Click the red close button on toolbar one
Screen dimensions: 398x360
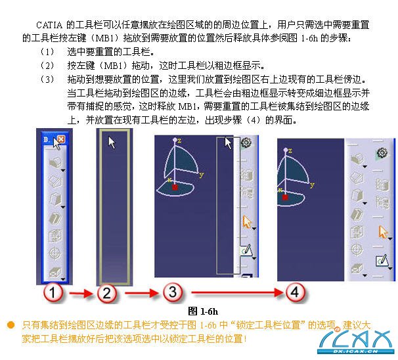pyautogui.click(x=61, y=139)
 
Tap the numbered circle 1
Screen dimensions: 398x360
pyautogui.click(x=53, y=292)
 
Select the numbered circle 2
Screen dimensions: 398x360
pyautogui.click(x=107, y=293)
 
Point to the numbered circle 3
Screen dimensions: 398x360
pyautogui.click(x=173, y=292)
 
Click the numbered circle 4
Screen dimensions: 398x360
pyautogui.click(x=295, y=292)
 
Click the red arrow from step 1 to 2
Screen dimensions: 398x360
pyautogui.click(x=81, y=294)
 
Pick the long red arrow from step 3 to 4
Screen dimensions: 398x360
pyautogui.click(x=237, y=293)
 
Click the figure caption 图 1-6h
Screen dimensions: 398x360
pyautogui.click(x=203, y=311)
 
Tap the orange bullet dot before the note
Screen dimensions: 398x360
pyautogui.click(x=11, y=325)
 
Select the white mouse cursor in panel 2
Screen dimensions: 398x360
pyautogui.click(x=112, y=143)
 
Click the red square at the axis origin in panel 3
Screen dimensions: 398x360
pyautogui.click(x=175, y=187)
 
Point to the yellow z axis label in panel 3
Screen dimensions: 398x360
pyautogui.click(x=179, y=141)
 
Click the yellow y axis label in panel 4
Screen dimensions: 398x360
pyautogui.click(x=312, y=185)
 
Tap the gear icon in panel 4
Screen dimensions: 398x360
pyautogui.click(x=382, y=153)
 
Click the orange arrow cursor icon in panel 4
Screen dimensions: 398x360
pyautogui.click(x=383, y=232)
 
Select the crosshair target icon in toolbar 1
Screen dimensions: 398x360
pyautogui.click(x=55, y=253)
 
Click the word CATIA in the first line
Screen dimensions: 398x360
pyautogui.click(x=49, y=25)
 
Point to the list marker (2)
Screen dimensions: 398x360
pyautogui.click(x=47, y=66)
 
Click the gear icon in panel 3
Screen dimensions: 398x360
pyautogui.click(x=246, y=143)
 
